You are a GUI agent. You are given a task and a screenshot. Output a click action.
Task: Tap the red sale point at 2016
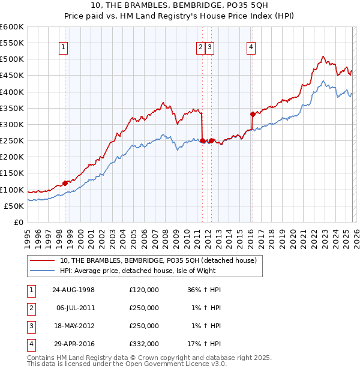[253, 114]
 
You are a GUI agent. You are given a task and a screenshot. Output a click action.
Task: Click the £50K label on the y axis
[14, 206]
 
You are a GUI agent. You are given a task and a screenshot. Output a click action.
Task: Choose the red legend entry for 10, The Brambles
[158, 260]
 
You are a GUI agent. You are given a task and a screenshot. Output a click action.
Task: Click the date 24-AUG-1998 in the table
[74, 290]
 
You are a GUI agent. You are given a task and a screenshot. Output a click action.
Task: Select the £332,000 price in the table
[143, 344]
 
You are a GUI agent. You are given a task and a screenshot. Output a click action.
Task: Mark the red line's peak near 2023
[323, 56]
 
